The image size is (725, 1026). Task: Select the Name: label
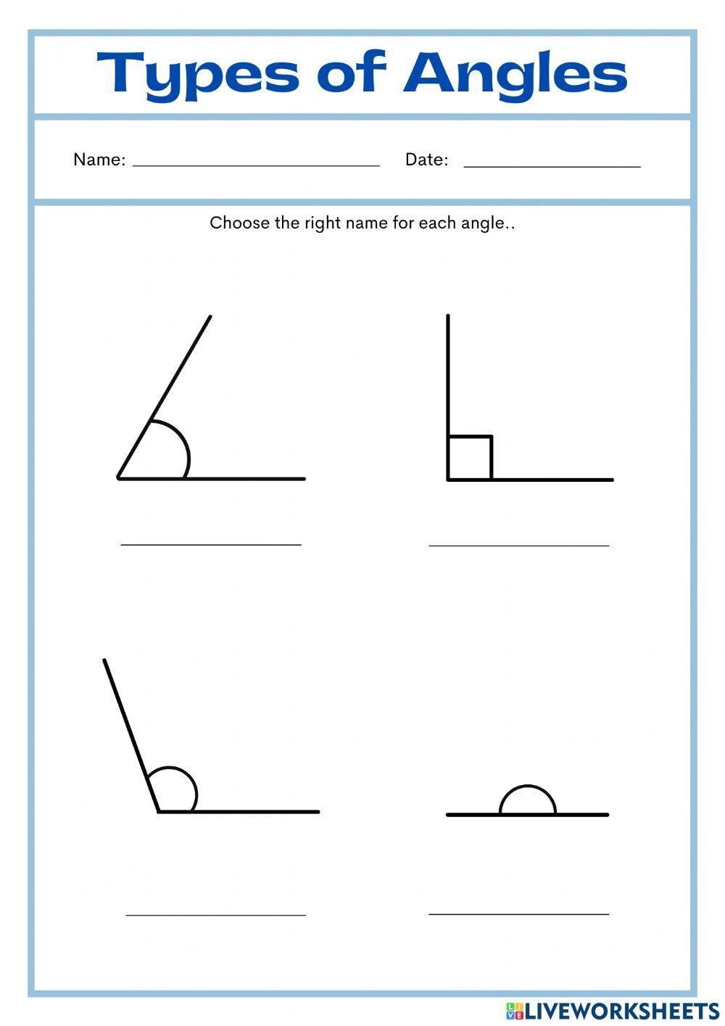[99, 160]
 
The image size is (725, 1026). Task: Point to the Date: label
[426, 160]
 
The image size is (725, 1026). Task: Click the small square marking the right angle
[470, 458]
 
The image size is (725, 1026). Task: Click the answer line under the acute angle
[211, 544]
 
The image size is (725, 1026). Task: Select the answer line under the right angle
[519, 545]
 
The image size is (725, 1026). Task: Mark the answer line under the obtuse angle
[216, 915]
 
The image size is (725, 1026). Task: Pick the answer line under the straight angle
[519, 914]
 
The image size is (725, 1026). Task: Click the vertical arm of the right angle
[448, 377]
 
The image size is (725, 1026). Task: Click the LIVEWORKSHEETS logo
[613, 1010]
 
